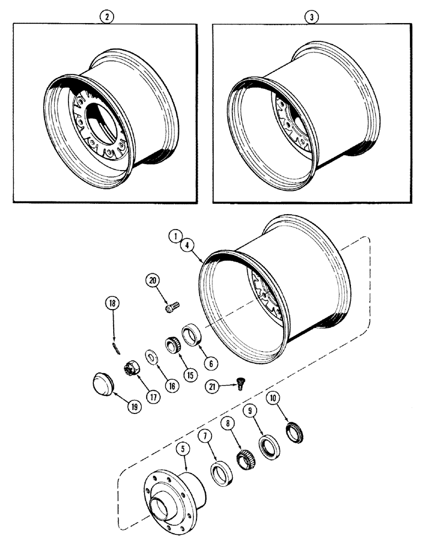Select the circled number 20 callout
(152, 280)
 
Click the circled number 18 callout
(113, 303)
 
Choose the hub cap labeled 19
(102, 383)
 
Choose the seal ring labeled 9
(268, 445)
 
